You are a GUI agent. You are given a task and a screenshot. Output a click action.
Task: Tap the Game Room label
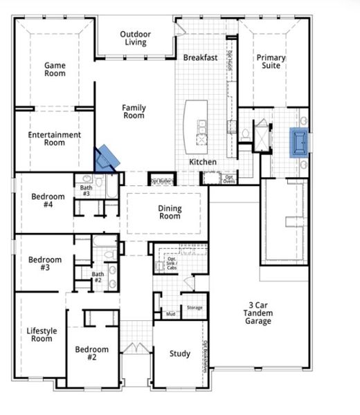(55, 69)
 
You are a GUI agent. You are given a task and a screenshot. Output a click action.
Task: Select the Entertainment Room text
(55, 138)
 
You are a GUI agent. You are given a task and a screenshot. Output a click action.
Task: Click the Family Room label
(134, 111)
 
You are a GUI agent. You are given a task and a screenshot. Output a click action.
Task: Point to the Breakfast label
(201, 58)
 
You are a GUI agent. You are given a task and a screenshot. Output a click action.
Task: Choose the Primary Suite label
(271, 62)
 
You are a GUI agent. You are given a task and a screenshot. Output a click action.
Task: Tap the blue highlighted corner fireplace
(106, 158)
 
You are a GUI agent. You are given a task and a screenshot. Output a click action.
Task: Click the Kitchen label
(203, 162)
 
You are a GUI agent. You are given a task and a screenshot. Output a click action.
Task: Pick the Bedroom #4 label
(48, 201)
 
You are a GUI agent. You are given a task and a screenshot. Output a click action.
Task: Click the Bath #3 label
(86, 191)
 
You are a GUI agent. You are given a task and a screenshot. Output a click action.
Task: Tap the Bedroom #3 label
(45, 264)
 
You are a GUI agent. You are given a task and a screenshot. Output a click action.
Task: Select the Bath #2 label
(98, 277)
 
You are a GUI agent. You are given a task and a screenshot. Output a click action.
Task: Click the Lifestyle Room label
(42, 334)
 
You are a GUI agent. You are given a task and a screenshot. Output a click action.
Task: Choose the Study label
(180, 354)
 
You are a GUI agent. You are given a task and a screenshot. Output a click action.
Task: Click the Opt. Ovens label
(229, 178)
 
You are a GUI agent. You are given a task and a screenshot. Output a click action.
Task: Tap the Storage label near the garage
(194, 308)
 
